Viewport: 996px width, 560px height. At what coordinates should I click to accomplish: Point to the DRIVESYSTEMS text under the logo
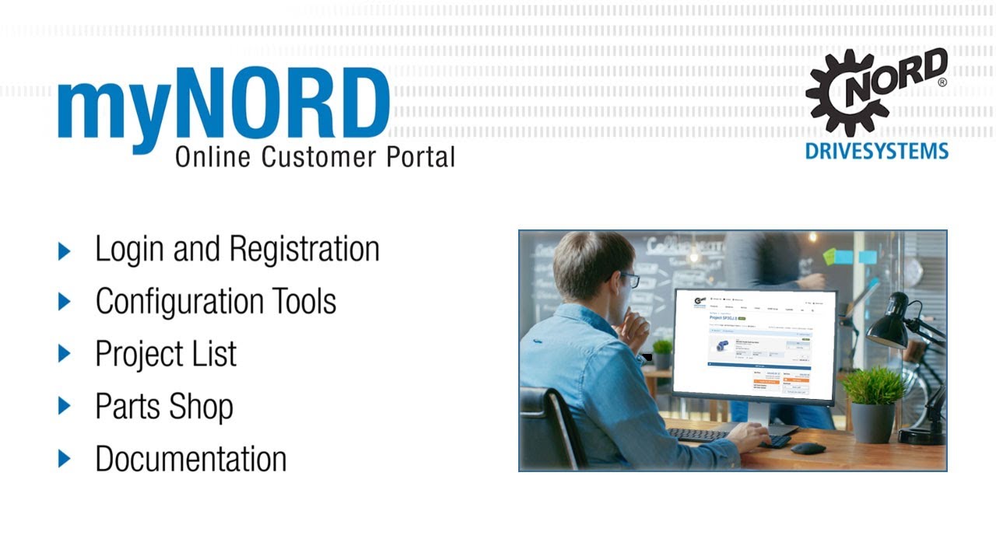pos(876,151)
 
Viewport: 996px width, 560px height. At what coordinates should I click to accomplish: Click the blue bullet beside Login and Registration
pos(65,250)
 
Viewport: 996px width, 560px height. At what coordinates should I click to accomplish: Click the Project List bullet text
pos(166,355)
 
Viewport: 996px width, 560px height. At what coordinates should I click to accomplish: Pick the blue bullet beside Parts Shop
pos(65,406)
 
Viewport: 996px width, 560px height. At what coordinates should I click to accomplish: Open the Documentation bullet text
pos(191,459)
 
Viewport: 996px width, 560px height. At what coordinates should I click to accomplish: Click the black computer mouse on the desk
pos(808,448)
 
